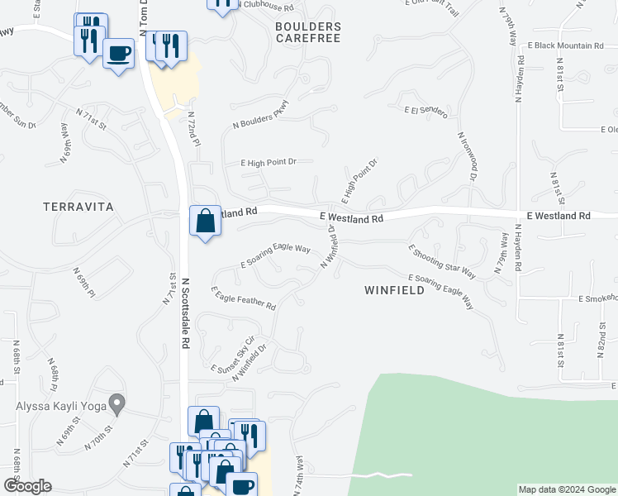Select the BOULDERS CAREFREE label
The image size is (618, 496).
tap(307, 33)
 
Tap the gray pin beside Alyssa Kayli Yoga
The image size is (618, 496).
tap(117, 405)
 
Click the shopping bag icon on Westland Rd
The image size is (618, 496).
tap(205, 222)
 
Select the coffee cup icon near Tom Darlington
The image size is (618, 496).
tap(119, 54)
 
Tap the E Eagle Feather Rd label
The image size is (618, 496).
tap(243, 298)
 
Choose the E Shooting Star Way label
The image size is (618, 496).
tap(442, 260)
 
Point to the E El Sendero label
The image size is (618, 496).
tap(425, 110)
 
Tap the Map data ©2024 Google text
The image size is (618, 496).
tap(566, 489)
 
